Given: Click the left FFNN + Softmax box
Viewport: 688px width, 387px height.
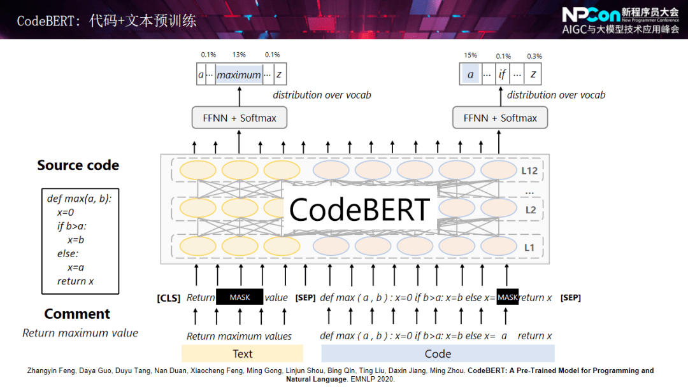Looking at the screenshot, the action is point(240,118).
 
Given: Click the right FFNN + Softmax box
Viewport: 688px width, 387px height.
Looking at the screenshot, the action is point(500,118).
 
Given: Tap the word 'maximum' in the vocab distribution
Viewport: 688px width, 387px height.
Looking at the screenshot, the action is point(239,75).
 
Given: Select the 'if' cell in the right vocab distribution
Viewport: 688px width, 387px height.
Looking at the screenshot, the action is point(502,74).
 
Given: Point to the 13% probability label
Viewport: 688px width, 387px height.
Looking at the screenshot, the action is point(239,55).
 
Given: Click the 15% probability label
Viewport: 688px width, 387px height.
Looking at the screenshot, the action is point(470,55).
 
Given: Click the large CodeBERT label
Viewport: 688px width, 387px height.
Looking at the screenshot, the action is point(359,209).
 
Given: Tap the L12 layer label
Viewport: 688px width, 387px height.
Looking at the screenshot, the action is point(529,171).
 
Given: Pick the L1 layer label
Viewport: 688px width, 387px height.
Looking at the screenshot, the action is point(529,248).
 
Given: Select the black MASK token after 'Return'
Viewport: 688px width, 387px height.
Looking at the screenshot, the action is point(240,297).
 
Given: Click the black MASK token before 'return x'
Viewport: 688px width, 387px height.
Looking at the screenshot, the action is point(508,297).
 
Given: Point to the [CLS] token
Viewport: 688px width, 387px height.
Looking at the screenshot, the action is point(168,298).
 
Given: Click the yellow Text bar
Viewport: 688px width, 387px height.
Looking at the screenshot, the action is point(242,353).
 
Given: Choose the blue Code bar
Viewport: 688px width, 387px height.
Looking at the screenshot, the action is point(438,353).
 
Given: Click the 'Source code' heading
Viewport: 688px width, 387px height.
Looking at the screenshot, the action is point(78,165).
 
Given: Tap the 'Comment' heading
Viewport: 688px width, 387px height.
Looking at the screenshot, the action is point(77,314).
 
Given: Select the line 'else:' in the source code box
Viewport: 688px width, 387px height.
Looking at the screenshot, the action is point(68,254).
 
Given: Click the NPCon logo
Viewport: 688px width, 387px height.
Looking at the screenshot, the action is point(591,15).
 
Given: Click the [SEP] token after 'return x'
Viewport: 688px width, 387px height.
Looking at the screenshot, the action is point(570,298).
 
